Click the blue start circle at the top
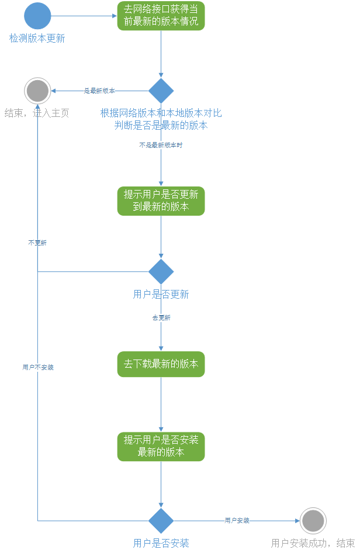point(37,16)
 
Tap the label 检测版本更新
point(37,39)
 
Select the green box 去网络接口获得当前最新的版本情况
point(161,16)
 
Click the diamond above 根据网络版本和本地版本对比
point(161,91)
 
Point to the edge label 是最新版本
point(99,91)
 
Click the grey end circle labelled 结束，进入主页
point(37,91)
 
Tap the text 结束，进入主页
point(37,113)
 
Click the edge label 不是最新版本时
point(161,145)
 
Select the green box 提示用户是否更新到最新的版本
point(161,201)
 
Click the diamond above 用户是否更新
point(161,271)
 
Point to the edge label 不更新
point(37,243)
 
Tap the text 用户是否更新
point(161,295)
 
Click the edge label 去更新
point(161,317)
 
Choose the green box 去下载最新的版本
point(161,364)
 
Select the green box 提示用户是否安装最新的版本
point(161,446)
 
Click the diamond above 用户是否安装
point(161,520)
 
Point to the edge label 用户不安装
point(38,367)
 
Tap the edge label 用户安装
point(237,520)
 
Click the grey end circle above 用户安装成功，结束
point(313,520)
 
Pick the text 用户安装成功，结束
point(313,544)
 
